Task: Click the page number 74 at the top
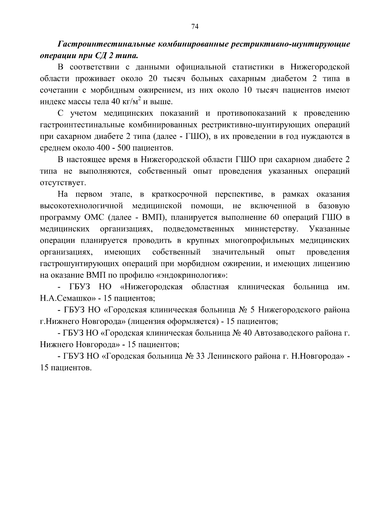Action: pyautogui.click(x=195, y=27)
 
